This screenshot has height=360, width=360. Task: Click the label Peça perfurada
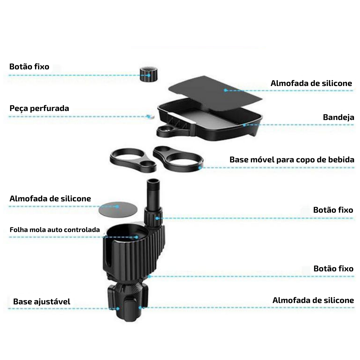point(39,108)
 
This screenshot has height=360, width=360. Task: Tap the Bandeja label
point(338,117)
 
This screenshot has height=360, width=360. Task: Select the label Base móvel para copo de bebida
point(292,160)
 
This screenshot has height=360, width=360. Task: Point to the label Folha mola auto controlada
point(55,230)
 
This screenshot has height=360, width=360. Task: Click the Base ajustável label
point(42,302)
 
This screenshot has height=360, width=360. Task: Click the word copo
point(306,160)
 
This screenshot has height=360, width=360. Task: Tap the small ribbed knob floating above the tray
point(149,74)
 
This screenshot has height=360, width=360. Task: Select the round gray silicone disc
point(118,209)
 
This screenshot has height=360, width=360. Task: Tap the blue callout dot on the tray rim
point(245,125)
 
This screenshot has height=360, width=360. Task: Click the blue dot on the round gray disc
point(117,207)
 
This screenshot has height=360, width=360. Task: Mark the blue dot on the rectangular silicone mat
point(225,90)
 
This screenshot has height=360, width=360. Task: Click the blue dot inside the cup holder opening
point(137,237)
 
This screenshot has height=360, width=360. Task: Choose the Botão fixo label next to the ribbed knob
point(29,67)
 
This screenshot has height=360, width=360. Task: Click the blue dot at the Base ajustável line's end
point(118,309)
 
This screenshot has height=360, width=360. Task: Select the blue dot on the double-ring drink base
point(200,168)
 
